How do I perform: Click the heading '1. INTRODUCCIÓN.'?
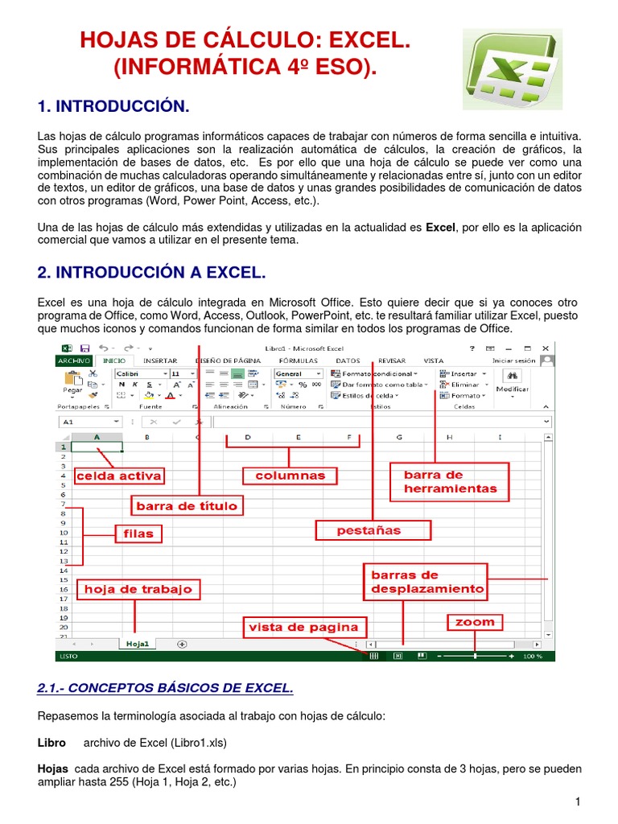(x=113, y=107)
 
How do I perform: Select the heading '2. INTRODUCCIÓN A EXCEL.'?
(x=151, y=274)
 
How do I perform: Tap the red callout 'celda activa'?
(x=118, y=476)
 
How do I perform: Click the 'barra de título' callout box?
(x=187, y=506)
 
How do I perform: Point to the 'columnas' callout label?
(x=290, y=476)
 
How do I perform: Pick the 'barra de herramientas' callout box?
(x=450, y=481)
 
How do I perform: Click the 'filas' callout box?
(x=138, y=533)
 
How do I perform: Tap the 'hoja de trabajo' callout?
(x=138, y=589)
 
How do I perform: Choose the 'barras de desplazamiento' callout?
(x=427, y=582)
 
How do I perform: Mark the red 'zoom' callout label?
(x=475, y=622)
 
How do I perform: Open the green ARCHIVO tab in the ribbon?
(x=73, y=361)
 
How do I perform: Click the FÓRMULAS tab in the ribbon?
(x=298, y=361)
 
